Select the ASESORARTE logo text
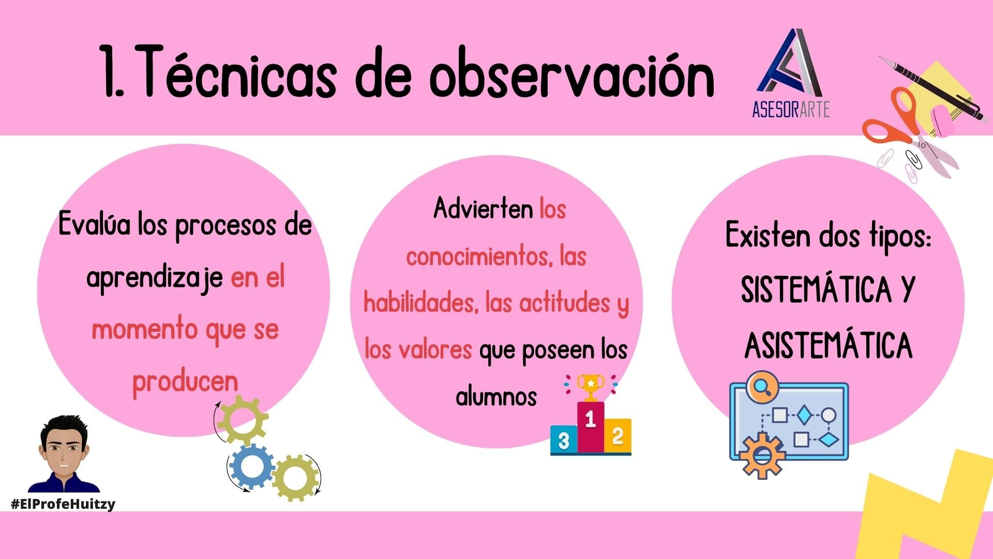tap(791, 109)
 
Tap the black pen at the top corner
tap(931, 87)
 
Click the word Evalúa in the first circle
tap(94, 225)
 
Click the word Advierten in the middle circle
tap(483, 209)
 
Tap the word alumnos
tap(496, 396)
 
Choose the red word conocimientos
tap(479, 256)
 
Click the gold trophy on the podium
tap(590, 387)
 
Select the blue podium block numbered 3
tap(563, 440)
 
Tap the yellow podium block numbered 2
tap(618, 436)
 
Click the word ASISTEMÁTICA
tap(829, 345)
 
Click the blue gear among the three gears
tap(252, 466)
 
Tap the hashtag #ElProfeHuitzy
tap(63, 504)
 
